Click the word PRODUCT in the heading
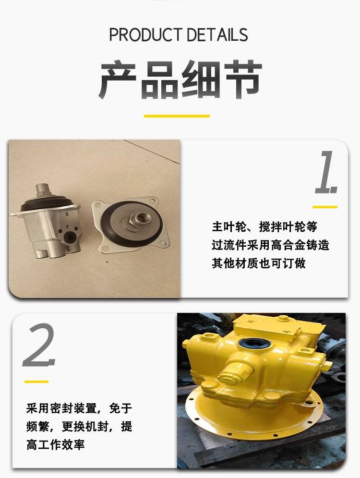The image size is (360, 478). tap(145, 35)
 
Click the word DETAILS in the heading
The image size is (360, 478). tap(217, 35)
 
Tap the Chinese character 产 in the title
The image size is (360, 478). tap(117, 79)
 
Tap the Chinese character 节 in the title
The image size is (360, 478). tap(243, 79)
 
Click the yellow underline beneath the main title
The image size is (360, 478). tap(177, 116)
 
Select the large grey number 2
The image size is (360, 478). tap(39, 345)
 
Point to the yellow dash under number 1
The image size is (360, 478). tap(325, 207)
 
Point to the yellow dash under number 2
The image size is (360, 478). tap(36, 382)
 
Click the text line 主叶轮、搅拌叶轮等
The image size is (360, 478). tap(264, 227)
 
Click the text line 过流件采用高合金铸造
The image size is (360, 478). tap(271, 245)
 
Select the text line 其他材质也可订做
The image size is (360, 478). tap(259, 263)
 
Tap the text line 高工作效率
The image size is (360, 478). tap(56, 444)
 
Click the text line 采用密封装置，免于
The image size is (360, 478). tap(79, 408)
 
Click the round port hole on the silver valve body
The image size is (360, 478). tap(71, 237)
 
